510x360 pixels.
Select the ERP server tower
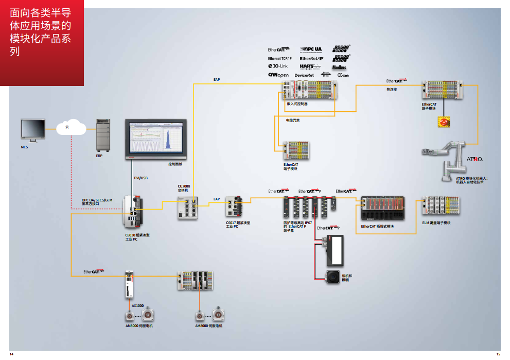click(103, 135)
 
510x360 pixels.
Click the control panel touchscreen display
click(153, 140)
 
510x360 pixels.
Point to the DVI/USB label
click(140, 178)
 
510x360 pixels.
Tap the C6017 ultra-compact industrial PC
click(234, 208)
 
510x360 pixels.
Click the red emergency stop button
click(443, 122)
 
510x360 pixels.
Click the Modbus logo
click(339, 67)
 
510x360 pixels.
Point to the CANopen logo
click(278, 75)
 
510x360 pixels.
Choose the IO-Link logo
click(278, 66)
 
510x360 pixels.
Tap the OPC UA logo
click(311, 49)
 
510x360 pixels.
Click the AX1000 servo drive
click(130, 285)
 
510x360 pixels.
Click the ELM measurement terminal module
click(440, 207)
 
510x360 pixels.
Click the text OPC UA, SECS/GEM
click(97, 200)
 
